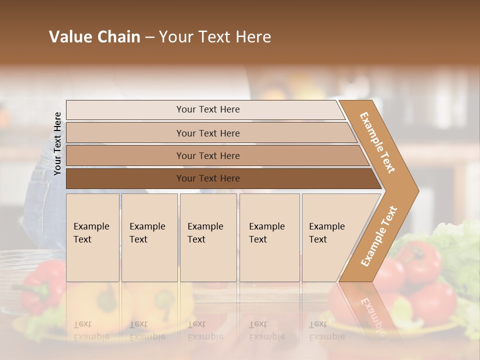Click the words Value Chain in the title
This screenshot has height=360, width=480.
coord(94,37)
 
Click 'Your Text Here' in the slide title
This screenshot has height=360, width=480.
coord(215,37)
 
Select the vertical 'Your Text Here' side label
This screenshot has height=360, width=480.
coord(57,143)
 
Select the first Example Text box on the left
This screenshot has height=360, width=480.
coord(92,237)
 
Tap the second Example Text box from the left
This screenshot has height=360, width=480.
coord(149,237)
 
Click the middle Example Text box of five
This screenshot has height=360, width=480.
coord(208,237)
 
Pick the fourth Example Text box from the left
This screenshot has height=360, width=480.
coord(269,237)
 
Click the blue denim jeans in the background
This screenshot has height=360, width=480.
coord(42,200)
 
